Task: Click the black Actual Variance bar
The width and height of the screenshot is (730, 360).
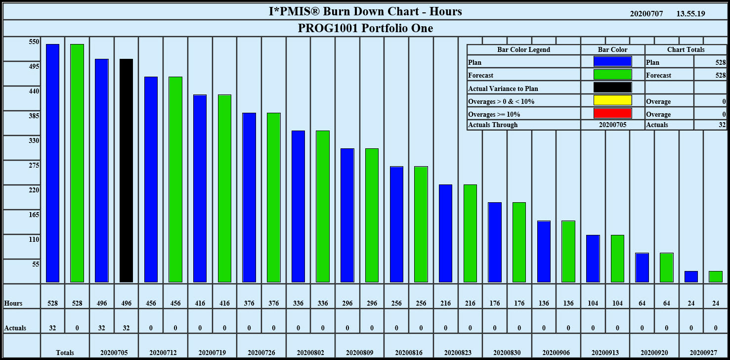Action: pyautogui.click(x=126, y=171)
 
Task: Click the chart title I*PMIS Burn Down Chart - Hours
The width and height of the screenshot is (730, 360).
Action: pyautogui.click(x=365, y=11)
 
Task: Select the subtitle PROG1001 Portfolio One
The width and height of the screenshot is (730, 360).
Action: pyautogui.click(x=365, y=28)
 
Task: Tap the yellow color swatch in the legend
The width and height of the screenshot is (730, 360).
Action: pyautogui.click(x=612, y=100)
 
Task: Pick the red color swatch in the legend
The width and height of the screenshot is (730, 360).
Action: pyautogui.click(x=612, y=113)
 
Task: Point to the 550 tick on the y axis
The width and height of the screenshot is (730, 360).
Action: pyautogui.click(x=34, y=42)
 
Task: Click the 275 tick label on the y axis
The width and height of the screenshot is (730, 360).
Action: pyautogui.click(x=34, y=166)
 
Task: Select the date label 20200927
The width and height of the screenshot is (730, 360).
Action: pyautogui.click(x=703, y=353)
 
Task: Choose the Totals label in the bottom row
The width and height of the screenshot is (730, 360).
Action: pyautogui.click(x=65, y=353)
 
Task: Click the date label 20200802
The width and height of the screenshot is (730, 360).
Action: pyautogui.click(x=310, y=353)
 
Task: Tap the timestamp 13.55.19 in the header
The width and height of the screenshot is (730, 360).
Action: pyautogui.click(x=690, y=14)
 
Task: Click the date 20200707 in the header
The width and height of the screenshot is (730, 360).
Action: pyautogui.click(x=646, y=14)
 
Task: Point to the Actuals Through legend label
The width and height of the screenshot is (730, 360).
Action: pyautogui.click(x=493, y=125)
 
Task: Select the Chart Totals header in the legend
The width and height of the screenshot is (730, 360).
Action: pyautogui.click(x=686, y=49)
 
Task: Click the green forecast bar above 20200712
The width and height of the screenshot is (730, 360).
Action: pyautogui.click(x=175, y=180)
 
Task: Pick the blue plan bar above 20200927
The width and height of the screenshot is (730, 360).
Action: pyautogui.click(x=691, y=277)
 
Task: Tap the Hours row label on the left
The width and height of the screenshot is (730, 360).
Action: pyautogui.click(x=13, y=303)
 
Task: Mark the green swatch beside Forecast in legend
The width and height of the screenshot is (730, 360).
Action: pyautogui.click(x=612, y=75)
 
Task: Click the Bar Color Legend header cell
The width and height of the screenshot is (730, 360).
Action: pyautogui.click(x=523, y=49)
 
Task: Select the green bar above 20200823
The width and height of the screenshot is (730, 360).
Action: pyautogui.click(x=470, y=233)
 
